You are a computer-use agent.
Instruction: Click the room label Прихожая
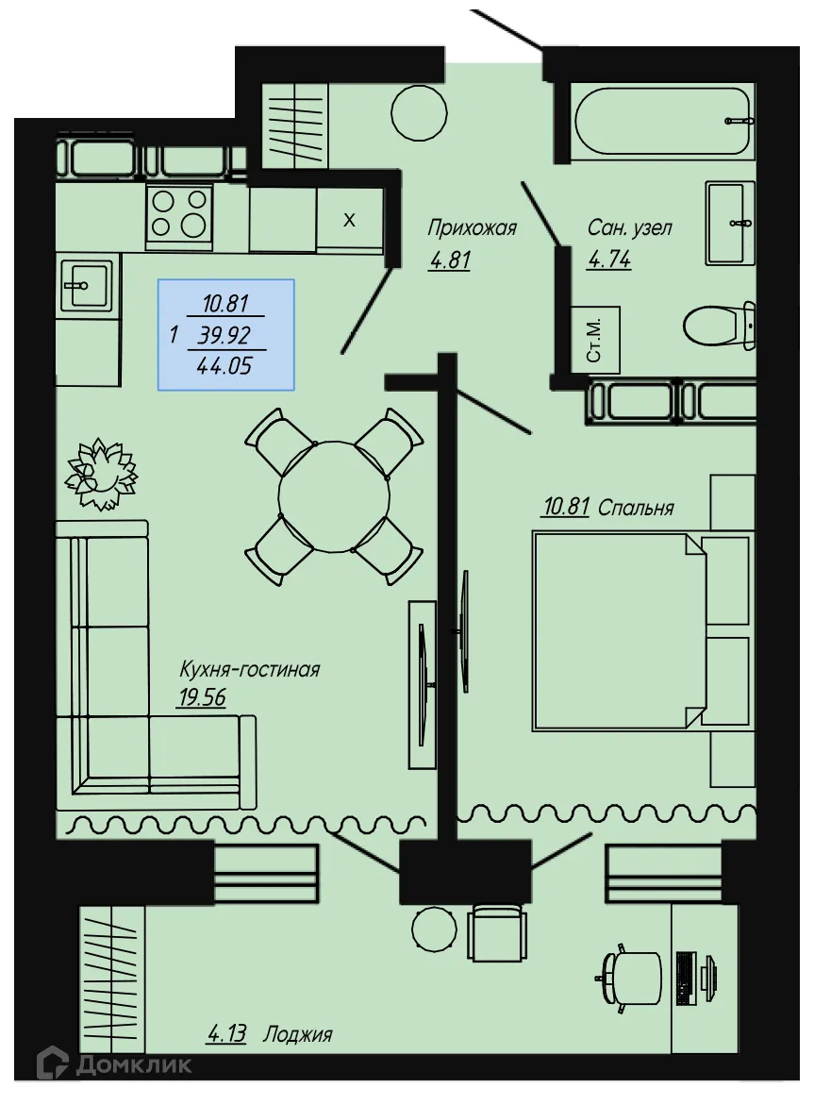(x=472, y=227)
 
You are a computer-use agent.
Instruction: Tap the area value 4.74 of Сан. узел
(x=608, y=260)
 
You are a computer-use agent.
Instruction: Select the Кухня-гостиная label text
(x=250, y=670)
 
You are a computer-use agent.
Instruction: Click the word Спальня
(x=636, y=509)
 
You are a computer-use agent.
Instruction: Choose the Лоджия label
(x=298, y=1034)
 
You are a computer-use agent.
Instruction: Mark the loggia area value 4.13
(x=226, y=1034)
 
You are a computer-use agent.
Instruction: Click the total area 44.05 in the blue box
(x=224, y=366)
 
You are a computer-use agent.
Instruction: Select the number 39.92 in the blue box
(x=226, y=335)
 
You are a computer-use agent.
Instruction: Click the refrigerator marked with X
(x=350, y=221)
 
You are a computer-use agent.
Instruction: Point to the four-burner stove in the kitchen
(x=179, y=212)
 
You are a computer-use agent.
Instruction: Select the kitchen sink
(x=87, y=283)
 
